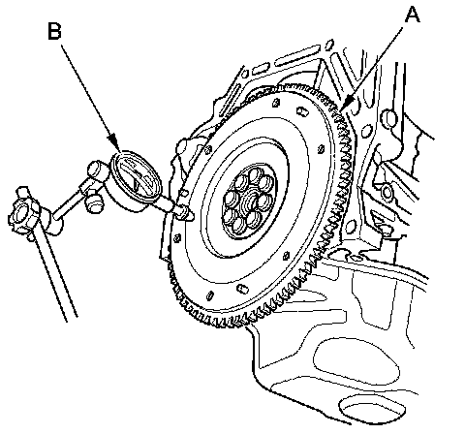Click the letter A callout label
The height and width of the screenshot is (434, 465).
(412, 15)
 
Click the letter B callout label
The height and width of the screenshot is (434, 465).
(54, 31)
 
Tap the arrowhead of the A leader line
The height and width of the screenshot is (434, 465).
(346, 104)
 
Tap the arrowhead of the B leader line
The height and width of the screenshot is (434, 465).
(113, 142)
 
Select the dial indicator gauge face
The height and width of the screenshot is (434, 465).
(136, 174)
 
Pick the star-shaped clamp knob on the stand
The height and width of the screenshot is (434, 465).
(23, 210)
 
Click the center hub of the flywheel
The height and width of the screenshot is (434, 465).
(250, 201)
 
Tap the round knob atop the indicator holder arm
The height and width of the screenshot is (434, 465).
(98, 170)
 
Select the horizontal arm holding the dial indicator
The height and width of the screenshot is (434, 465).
(70, 202)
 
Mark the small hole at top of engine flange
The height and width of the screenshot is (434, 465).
(329, 44)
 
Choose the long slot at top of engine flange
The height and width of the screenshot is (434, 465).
(297, 55)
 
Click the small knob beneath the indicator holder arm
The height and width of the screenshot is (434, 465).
(95, 205)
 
